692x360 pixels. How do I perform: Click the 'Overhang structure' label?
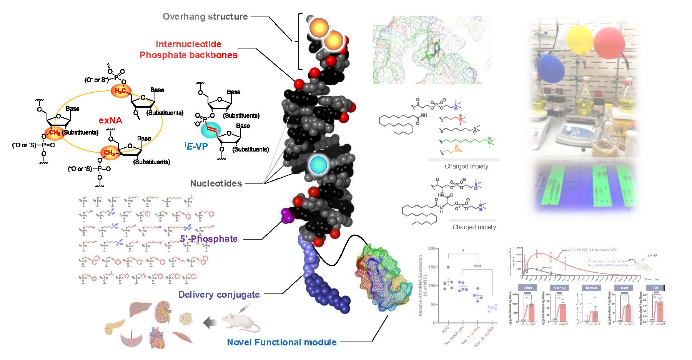205,17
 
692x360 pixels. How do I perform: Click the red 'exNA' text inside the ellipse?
110,120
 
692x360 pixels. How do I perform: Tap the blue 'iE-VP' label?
196,146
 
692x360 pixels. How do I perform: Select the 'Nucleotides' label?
216,183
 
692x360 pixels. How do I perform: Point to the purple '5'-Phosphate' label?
209,239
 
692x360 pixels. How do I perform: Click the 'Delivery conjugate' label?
219,295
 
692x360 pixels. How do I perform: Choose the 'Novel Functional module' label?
282,342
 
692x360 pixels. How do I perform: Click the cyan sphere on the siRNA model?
318,165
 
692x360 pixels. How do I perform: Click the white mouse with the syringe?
240,322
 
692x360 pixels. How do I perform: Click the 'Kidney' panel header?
559,288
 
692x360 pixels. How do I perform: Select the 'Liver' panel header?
528,288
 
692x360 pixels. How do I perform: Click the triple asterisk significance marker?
477,266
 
